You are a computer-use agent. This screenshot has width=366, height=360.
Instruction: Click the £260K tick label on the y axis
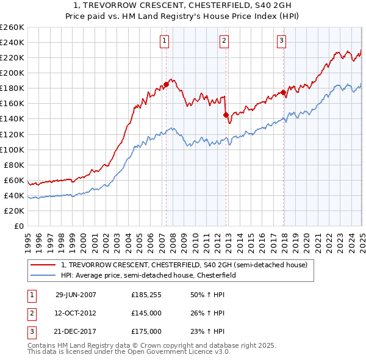pyautogui.click(x=12, y=27)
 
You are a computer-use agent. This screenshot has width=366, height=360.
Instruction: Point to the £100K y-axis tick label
pyautogui.click(x=12, y=149)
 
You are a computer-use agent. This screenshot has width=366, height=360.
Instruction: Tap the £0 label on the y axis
pyautogui.click(x=18, y=226)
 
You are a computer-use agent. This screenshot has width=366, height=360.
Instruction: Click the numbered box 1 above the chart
pyautogui.click(x=165, y=41)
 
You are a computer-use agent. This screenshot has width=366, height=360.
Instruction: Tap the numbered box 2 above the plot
pyautogui.click(x=224, y=41)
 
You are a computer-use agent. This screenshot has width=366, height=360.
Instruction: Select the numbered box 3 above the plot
pyautogui.click(x=282, y=41)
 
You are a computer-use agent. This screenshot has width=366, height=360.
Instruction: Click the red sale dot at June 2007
pyautogui.click(x=166, y=84)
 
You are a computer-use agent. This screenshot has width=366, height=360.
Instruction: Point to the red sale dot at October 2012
pyautogui.click(x=226, y=115)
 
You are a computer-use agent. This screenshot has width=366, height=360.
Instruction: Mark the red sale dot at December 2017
pyautogui.click(x=284, y=92)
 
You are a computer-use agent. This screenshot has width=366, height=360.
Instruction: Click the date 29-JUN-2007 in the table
pyautogui.click(x=76, y=295)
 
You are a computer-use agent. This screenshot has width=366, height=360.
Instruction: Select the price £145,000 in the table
pyautogui.click(x=146, y=313)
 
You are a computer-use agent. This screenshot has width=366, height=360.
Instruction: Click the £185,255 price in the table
pyautogui.click(x=146, y=295)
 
